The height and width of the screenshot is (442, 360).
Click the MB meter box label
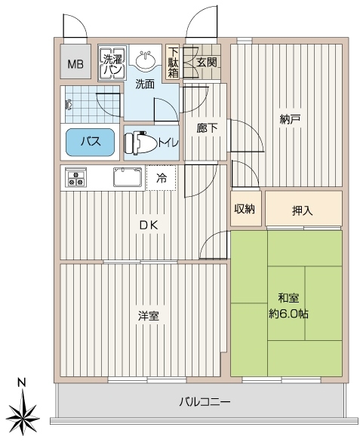tap(75, 65)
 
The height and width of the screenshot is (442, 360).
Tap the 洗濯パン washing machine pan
tap(112, 63)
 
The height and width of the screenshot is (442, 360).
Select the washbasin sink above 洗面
tap(146, 60)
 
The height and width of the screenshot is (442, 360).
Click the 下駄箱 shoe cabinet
tap(173, 63)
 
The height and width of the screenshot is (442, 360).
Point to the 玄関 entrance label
tap(207, 63)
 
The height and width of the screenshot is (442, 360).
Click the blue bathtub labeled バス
tap(91, 142)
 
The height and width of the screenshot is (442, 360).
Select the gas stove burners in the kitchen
tap(75, 177)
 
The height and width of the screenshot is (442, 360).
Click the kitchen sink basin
tap(128, 177)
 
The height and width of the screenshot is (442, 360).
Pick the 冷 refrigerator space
tap(162, 178)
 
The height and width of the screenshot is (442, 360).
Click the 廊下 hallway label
tap(207, 128)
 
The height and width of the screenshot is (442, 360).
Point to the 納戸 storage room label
tap(290, 119)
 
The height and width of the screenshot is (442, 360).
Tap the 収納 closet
tap(245, 209)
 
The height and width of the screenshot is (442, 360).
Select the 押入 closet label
tap(302, 210)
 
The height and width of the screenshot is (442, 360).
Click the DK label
tap(149, 225)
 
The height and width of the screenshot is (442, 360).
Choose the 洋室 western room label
tap(149, 316)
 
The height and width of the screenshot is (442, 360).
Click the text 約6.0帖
tap(288, 314)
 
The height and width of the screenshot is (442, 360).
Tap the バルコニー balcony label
tap(205, 402)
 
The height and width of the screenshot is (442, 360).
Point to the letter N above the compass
tap(22, 382)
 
